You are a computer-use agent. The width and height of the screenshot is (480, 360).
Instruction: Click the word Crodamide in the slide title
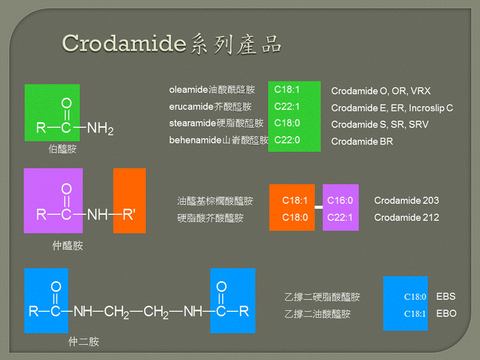124,43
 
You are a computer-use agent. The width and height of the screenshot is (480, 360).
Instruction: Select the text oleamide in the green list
188,89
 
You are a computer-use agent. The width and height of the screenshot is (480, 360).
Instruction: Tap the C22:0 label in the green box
287,140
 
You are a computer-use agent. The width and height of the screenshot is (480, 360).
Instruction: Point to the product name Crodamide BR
362,142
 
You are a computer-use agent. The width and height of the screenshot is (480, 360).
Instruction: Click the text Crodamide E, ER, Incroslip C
392,108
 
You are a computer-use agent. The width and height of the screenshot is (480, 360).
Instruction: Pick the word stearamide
193,123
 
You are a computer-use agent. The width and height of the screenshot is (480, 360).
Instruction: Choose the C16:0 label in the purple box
340,200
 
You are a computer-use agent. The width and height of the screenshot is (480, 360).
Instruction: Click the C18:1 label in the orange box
295,200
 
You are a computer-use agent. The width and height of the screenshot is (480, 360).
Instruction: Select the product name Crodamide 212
407,217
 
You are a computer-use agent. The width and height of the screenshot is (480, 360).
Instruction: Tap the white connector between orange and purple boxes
319,207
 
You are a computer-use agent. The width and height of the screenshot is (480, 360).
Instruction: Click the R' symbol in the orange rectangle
129,215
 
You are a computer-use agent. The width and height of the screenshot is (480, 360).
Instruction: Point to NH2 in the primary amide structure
100,128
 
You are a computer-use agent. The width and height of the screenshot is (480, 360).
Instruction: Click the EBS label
446,296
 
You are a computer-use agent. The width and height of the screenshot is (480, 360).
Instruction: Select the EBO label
446,313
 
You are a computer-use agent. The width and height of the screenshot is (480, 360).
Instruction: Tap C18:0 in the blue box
415,297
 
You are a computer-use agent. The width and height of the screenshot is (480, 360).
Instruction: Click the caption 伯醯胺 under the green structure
62,149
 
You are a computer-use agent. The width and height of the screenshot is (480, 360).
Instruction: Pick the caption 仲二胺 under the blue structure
83,341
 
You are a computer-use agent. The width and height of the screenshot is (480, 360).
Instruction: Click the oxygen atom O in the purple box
67,188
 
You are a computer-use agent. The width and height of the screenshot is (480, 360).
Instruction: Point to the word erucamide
191,107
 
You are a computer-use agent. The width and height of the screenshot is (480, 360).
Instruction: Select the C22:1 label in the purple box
340,217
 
